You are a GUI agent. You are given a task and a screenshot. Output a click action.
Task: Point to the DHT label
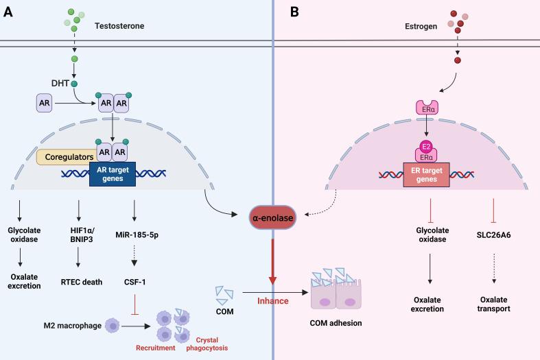coord(60,84)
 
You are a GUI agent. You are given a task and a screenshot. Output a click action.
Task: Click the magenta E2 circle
coord(425,146)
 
